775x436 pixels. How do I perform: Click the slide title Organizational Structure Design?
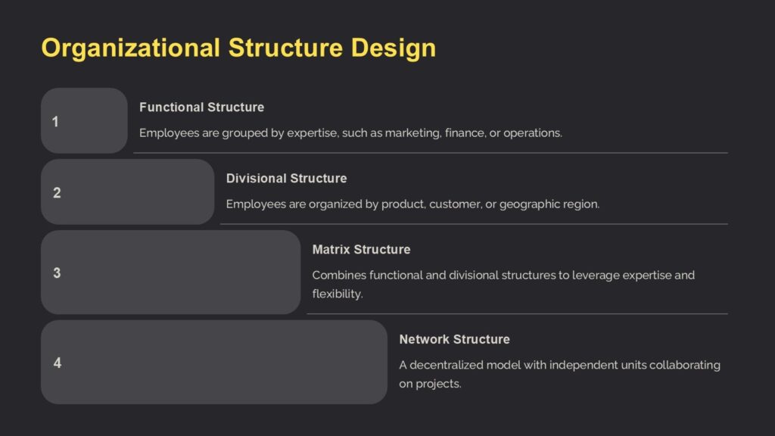238,48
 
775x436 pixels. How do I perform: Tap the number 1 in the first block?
55,121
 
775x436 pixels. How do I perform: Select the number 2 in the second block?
57,193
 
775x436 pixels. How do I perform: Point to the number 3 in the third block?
57,273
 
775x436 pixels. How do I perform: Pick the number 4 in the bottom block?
58,363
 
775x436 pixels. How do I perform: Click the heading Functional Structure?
201,107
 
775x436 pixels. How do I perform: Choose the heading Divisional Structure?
286,179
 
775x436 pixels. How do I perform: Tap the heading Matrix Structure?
361,250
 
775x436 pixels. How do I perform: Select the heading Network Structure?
454,339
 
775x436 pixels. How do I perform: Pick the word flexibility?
338,294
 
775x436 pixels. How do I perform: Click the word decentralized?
447,365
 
